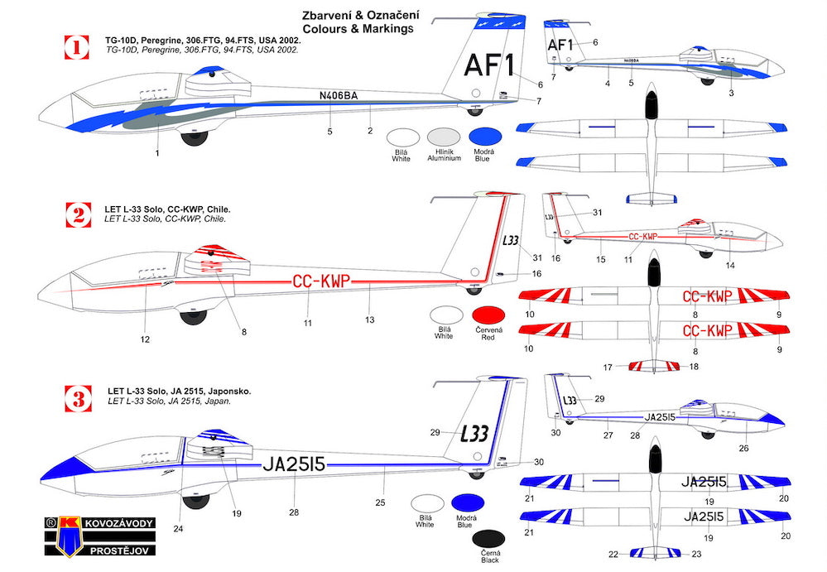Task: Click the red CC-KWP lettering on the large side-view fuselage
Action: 321,281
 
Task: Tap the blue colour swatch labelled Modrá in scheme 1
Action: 486,138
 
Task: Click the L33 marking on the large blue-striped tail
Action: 475,434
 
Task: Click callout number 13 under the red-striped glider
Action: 370,318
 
